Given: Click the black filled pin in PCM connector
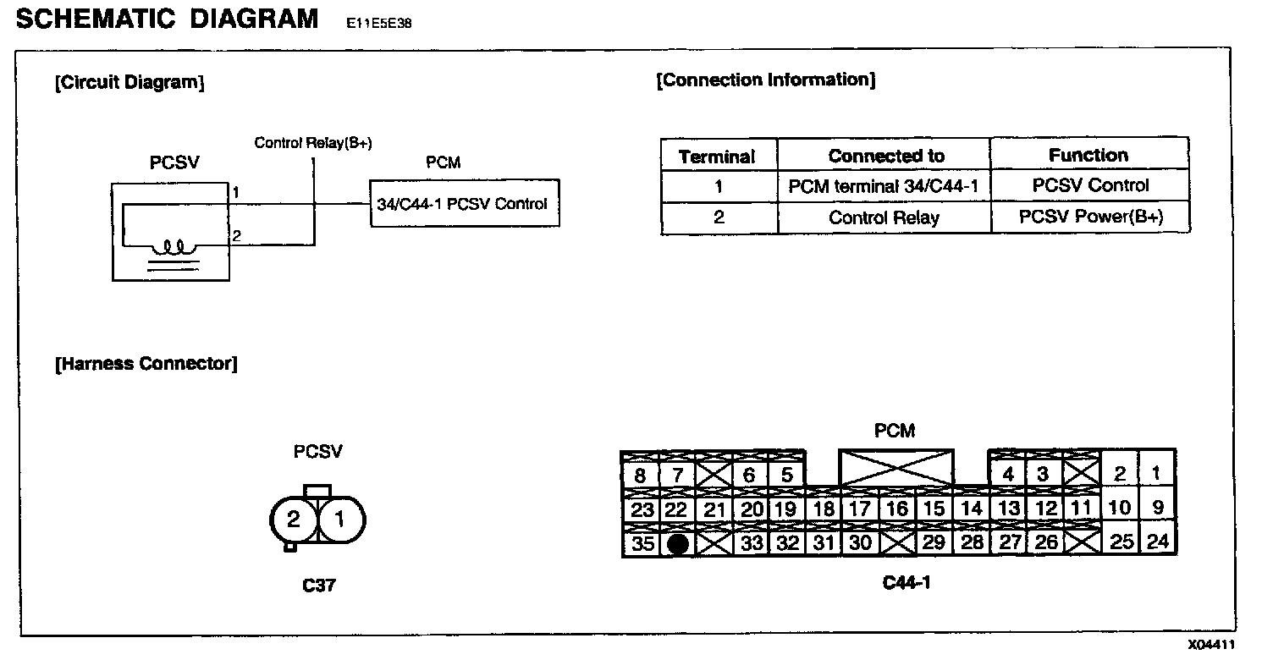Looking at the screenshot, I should click(677, 544).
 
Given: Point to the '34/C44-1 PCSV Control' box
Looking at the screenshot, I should click(463, 203).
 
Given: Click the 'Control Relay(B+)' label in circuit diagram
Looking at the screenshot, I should click(313, 143).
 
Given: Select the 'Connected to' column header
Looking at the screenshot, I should click(885, 156).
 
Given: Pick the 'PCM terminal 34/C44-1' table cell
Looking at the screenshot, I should click(884, 186).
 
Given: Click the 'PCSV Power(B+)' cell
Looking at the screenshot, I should click(1090, 217).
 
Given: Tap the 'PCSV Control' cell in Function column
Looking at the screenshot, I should click(1090, 185).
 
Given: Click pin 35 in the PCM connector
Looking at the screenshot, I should click(642, 544).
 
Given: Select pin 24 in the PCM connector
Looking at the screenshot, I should click(1157, 542).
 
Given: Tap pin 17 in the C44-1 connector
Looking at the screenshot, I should click(860, 509).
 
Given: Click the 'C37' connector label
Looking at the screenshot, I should click(318, 585).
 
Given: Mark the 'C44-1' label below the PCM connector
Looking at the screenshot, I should click(906, 582).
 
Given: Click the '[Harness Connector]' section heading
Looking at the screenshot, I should click(146, 364).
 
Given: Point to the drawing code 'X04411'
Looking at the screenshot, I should click(1210, 645).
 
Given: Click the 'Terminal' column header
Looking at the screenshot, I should click(717, 157).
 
